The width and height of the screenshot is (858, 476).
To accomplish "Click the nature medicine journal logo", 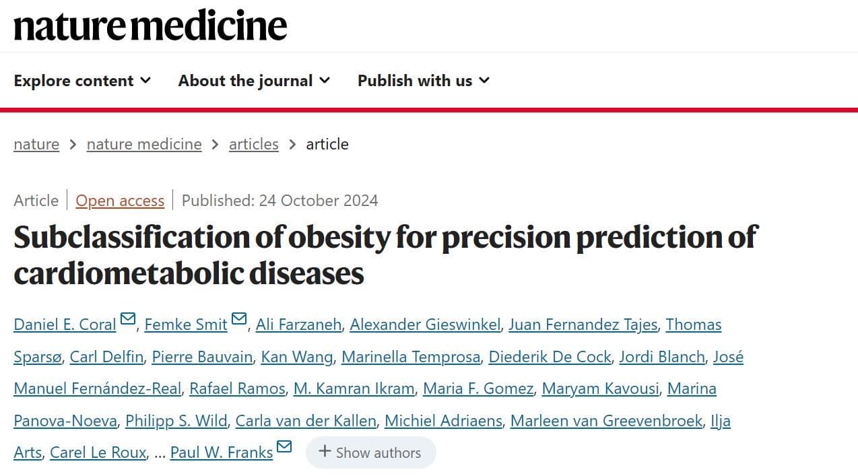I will pos(150,26).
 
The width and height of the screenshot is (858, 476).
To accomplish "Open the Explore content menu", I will pos(82,81).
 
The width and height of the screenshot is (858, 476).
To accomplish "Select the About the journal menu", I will pos(254,81).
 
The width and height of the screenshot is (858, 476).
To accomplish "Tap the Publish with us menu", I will pos(423,81).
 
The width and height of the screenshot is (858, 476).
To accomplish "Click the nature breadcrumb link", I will pos(36,144).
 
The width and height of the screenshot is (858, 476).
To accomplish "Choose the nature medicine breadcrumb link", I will pos(144,144).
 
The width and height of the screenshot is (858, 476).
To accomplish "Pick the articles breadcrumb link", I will pos(253,144).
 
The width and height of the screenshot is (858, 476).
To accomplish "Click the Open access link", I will pos(120,201).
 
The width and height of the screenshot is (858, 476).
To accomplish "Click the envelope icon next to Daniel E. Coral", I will pos(128,319).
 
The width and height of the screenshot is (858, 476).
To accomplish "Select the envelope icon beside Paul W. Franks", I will pos(284,447).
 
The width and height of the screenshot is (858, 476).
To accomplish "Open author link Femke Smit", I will pos(186,325).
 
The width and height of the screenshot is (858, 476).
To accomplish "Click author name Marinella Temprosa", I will pos(411,357).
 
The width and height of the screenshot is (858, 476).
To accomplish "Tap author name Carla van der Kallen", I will pos(306,421).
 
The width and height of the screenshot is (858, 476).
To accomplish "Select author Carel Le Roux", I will pos(98,452).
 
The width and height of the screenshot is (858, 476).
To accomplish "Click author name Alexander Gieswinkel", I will pos(425,325).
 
